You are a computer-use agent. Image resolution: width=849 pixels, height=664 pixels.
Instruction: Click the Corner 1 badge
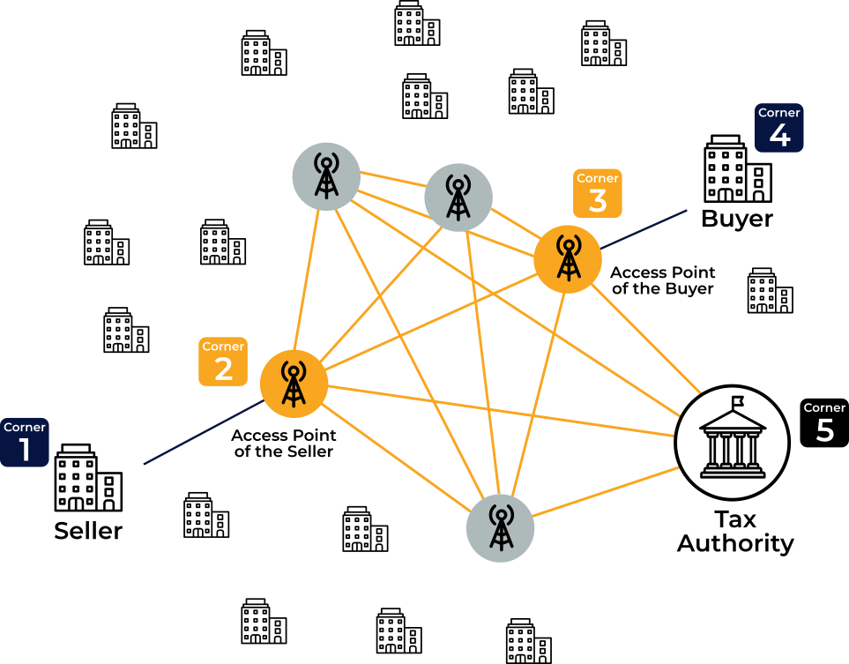coord(25,442)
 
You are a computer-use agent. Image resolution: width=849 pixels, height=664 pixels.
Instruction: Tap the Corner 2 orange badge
coord(223,362)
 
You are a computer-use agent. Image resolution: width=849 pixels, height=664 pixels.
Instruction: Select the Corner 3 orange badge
coord(597,193)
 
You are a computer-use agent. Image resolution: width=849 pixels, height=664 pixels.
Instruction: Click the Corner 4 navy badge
coord(779,128)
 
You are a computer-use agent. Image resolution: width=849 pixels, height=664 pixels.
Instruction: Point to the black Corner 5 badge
coord(824,423)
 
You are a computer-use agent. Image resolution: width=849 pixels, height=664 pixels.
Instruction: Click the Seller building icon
coord(88,478)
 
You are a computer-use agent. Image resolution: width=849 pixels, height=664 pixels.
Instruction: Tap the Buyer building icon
coord(738,168)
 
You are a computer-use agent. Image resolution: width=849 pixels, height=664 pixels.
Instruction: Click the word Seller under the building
coord(88,531)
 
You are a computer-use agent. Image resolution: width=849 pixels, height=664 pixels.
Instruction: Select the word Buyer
coord(737,219)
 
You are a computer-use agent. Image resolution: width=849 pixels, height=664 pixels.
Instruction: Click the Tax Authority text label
coord(735,532)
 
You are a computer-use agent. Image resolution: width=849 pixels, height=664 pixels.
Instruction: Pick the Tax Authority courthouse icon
coord(732,442)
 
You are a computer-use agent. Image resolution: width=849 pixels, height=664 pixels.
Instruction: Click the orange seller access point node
coord(294,384)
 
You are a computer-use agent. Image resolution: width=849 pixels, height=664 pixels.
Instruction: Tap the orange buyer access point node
coord(568,259)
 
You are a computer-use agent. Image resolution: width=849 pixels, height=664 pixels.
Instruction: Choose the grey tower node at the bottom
coord(500,528)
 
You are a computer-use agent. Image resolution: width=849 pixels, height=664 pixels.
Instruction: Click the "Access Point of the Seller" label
coord(284,443)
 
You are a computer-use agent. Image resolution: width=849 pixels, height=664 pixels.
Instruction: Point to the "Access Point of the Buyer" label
coord(663,280)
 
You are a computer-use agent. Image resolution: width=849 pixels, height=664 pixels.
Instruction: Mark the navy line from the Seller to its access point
coord(204,432)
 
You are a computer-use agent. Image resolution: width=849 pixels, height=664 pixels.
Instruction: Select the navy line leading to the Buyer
coord(644,229)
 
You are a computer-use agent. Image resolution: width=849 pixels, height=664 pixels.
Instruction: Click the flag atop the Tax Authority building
coord(738,401)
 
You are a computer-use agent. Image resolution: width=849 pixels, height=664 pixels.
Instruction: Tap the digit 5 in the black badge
coord(824,429)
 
